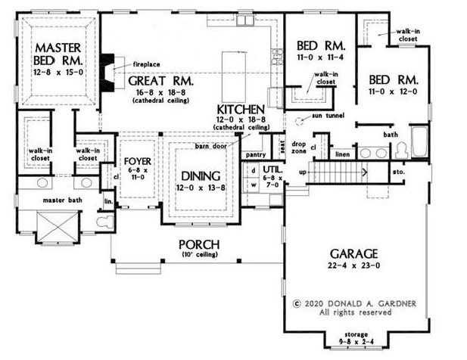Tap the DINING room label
pos(199,173)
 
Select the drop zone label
pos(298,147)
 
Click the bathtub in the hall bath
pos(418,144)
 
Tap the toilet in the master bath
pos(104,222)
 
